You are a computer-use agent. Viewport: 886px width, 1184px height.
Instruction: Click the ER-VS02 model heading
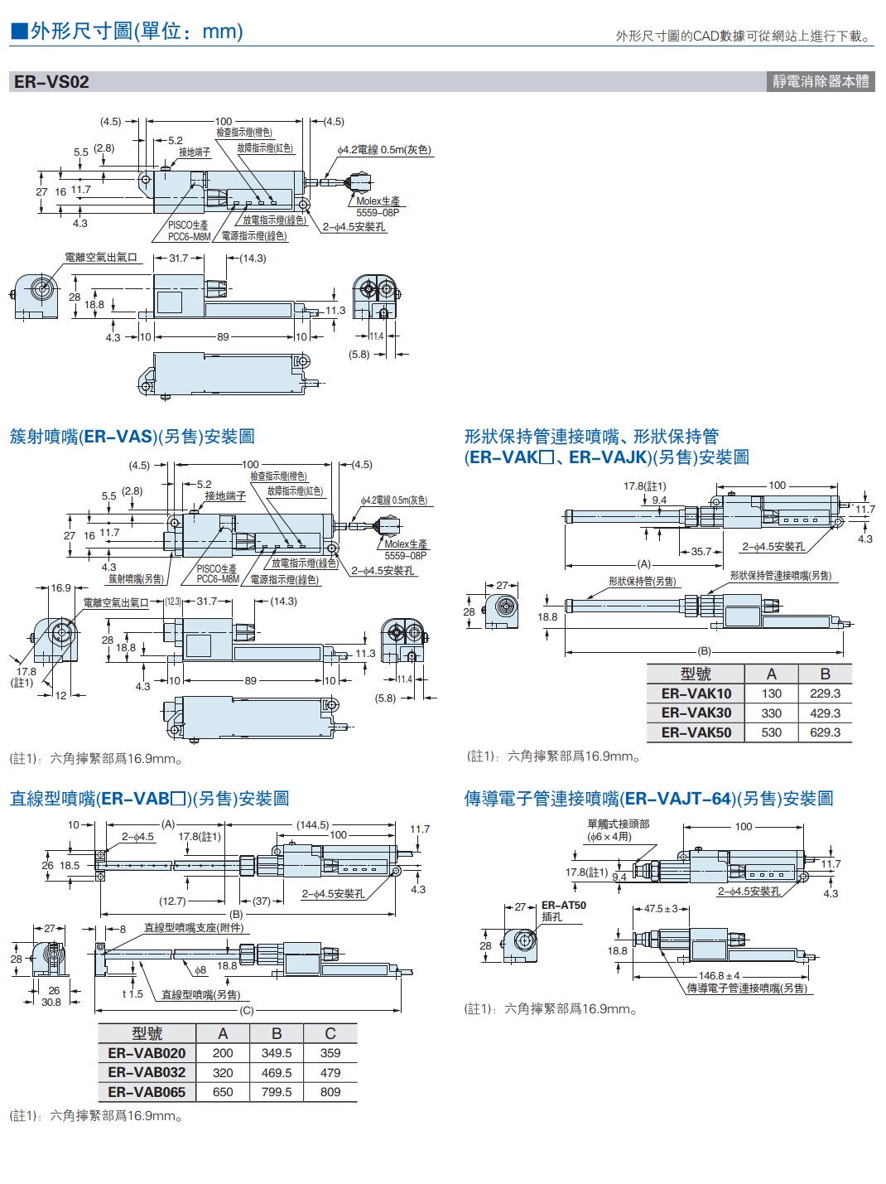click(51, 82)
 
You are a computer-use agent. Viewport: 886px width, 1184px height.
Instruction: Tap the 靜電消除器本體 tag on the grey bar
click(820, 81)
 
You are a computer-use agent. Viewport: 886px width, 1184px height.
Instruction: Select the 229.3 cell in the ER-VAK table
click(825, 693)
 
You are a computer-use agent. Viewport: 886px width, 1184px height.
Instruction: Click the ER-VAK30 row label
click(696, 713)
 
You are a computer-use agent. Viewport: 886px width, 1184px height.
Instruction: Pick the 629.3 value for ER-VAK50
click(825, 732)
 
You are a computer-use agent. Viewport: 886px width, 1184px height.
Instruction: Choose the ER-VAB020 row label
click(147, 1053)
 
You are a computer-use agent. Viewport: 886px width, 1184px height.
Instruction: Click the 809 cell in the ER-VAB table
click(330, 1092)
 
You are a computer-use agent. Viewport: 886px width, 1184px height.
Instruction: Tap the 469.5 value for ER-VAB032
click(277, 1073)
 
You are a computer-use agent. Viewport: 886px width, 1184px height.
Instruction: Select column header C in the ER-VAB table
click(330, 1033)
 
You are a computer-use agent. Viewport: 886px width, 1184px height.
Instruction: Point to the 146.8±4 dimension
click(719, 976)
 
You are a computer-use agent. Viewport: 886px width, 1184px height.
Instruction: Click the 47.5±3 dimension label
click(661, 909)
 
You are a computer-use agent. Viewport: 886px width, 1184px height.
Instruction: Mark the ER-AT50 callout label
click(563, 906)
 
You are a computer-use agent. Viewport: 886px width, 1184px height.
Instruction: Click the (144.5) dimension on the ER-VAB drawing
click(313, 825)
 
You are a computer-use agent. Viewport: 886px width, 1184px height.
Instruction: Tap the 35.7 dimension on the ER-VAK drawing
click(701, 551)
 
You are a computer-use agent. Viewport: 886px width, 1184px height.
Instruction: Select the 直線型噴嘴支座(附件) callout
click(194, 928)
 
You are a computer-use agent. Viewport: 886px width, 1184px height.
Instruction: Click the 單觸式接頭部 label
click(618, 824)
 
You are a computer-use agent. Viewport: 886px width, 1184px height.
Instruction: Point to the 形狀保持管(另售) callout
click(642, 582)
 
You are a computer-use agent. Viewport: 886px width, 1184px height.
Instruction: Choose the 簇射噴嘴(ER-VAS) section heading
click(132, 437)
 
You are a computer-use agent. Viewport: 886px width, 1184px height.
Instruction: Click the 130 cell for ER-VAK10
click(771, 693)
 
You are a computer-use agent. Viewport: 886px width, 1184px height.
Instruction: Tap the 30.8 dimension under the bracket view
click(51, 1003)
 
